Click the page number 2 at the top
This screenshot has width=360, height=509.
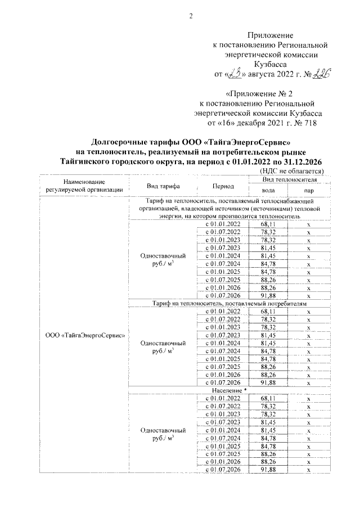click(190, 16)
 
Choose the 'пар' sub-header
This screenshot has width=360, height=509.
click(308, 191)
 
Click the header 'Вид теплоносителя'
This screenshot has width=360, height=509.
click(289, 179)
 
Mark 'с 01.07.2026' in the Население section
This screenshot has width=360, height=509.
click(223, 469)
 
